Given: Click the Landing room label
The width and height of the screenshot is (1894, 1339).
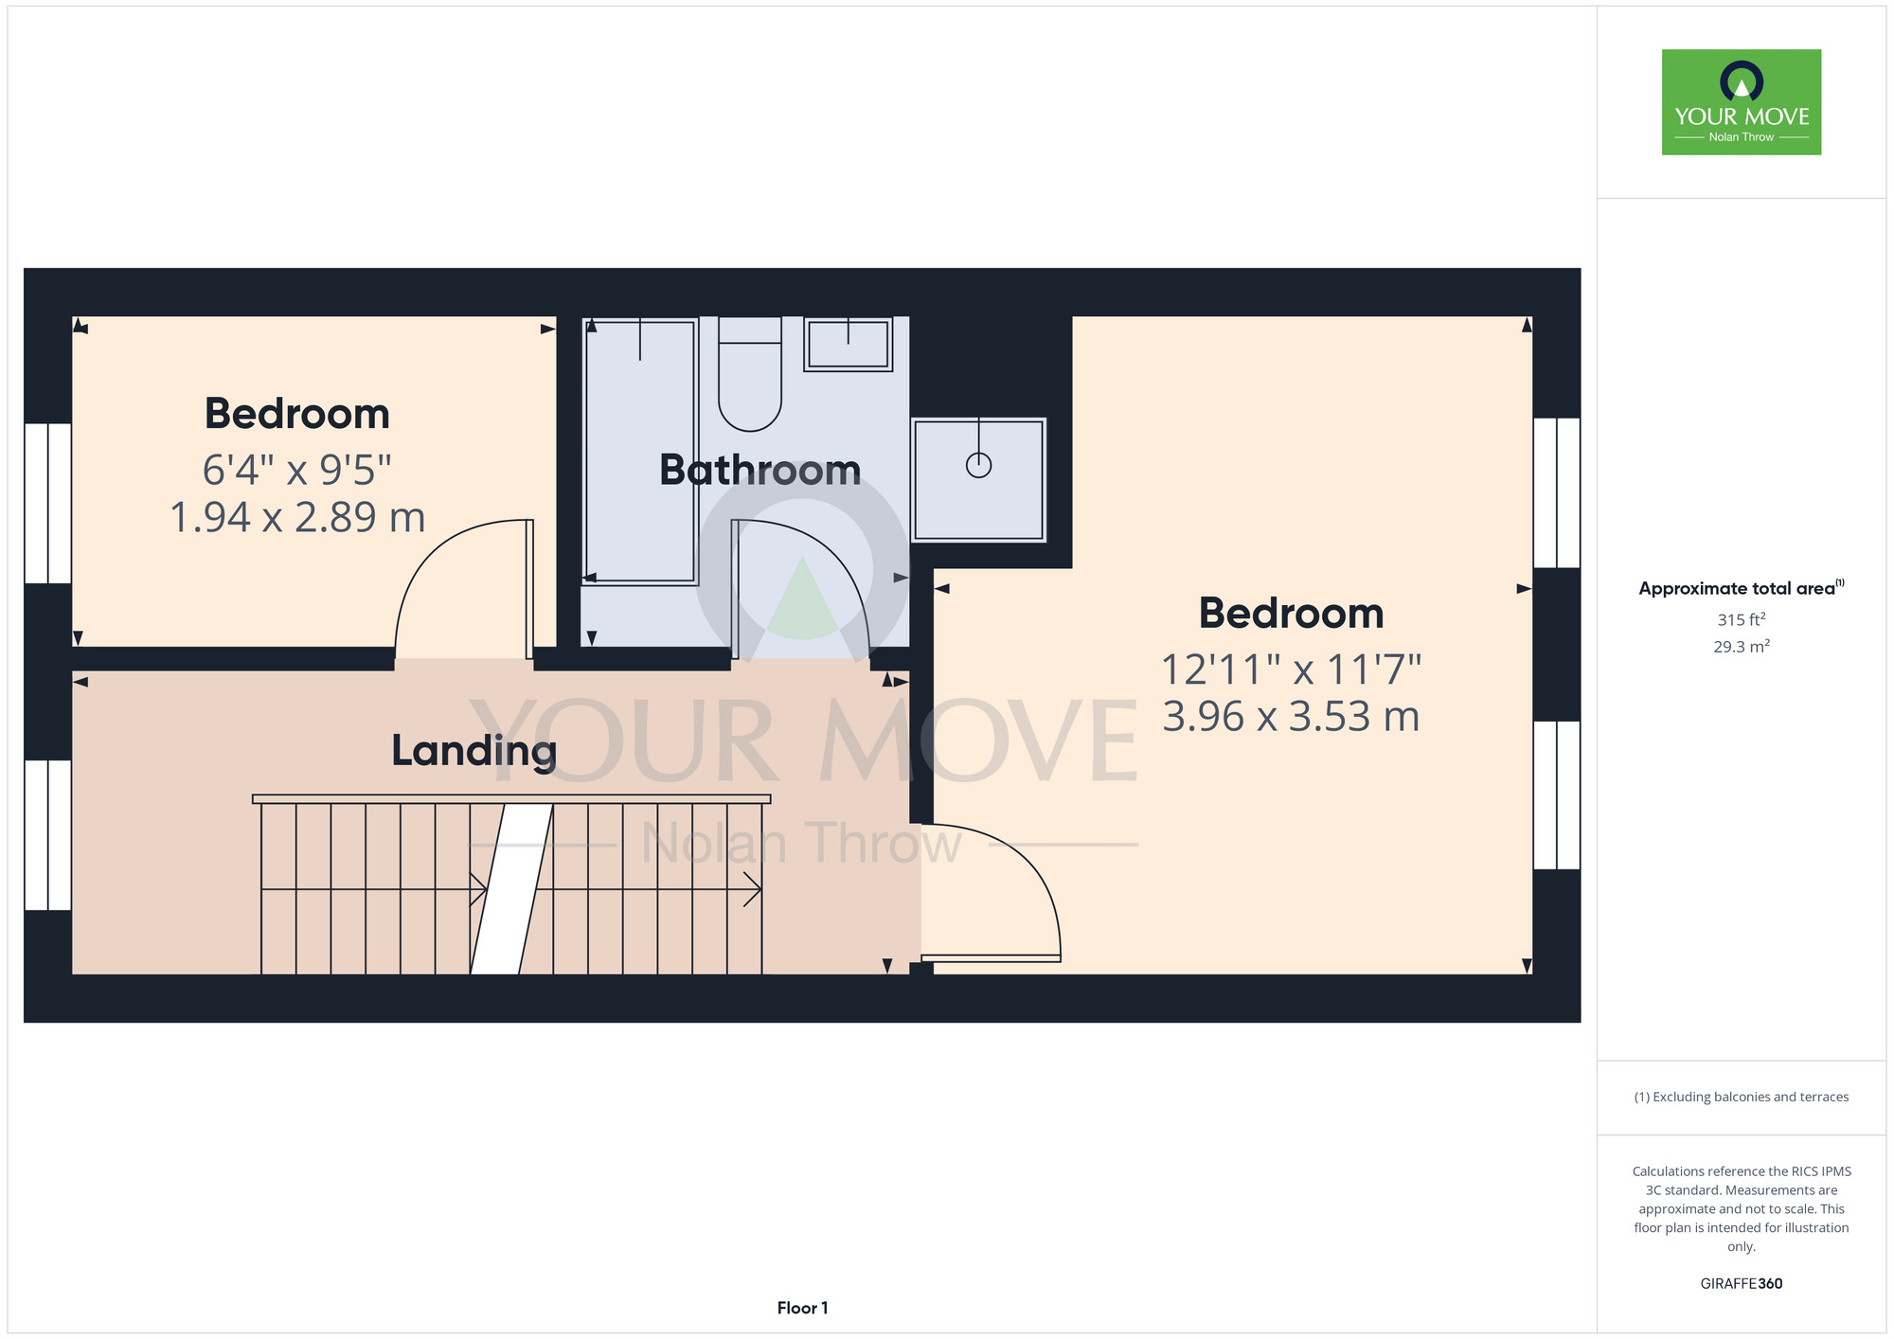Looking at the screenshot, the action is [x=473, y=752].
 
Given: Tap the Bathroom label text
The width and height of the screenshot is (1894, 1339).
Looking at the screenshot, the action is [x=759, y=471].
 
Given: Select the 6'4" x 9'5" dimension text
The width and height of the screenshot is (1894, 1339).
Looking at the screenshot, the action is [x=296, y=469].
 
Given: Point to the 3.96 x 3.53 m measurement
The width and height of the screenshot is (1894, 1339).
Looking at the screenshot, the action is [x=1291, y=717].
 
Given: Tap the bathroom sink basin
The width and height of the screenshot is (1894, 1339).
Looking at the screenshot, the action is [x=848, y=344].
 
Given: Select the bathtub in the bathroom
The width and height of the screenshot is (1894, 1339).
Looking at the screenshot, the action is [x=640, y=451].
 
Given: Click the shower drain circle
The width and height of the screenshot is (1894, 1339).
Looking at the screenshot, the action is [x=978, y=465].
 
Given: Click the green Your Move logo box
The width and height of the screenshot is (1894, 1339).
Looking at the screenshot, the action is [x=1742, y=102].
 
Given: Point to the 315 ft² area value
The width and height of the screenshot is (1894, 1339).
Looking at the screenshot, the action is [x=1742, y=619].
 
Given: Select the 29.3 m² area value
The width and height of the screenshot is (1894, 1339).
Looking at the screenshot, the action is [x=1742, y=647].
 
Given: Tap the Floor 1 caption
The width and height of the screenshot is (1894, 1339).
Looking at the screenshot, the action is [x=802, y=1308].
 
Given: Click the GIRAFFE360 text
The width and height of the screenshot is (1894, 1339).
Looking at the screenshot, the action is [x=1742, y=1284].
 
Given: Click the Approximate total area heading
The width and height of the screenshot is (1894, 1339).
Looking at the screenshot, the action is [x=1742, y=588].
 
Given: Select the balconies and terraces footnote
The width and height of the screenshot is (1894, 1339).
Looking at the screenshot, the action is [x=1742, y=1097].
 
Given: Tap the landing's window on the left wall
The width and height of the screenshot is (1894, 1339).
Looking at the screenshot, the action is [x=47, y=835].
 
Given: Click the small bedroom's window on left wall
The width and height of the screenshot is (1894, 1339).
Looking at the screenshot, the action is [x=47, y=503].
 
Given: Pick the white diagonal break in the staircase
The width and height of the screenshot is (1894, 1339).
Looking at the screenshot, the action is [x=512, y=888].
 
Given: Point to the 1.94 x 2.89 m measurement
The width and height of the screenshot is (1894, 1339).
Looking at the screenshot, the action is [x=297, y=517].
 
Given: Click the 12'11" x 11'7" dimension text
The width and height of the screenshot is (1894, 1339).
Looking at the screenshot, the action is [x=1291, y=670].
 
